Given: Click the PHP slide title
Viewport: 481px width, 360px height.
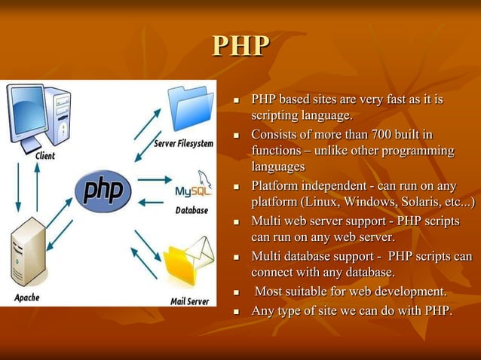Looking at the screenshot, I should [x=240, y=46].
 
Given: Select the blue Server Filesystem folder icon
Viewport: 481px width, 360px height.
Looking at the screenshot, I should [x=188, y=109].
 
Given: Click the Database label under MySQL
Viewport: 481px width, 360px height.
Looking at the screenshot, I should [x=191, y=210].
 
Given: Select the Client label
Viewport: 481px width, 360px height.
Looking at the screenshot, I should [x=44, y=156].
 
